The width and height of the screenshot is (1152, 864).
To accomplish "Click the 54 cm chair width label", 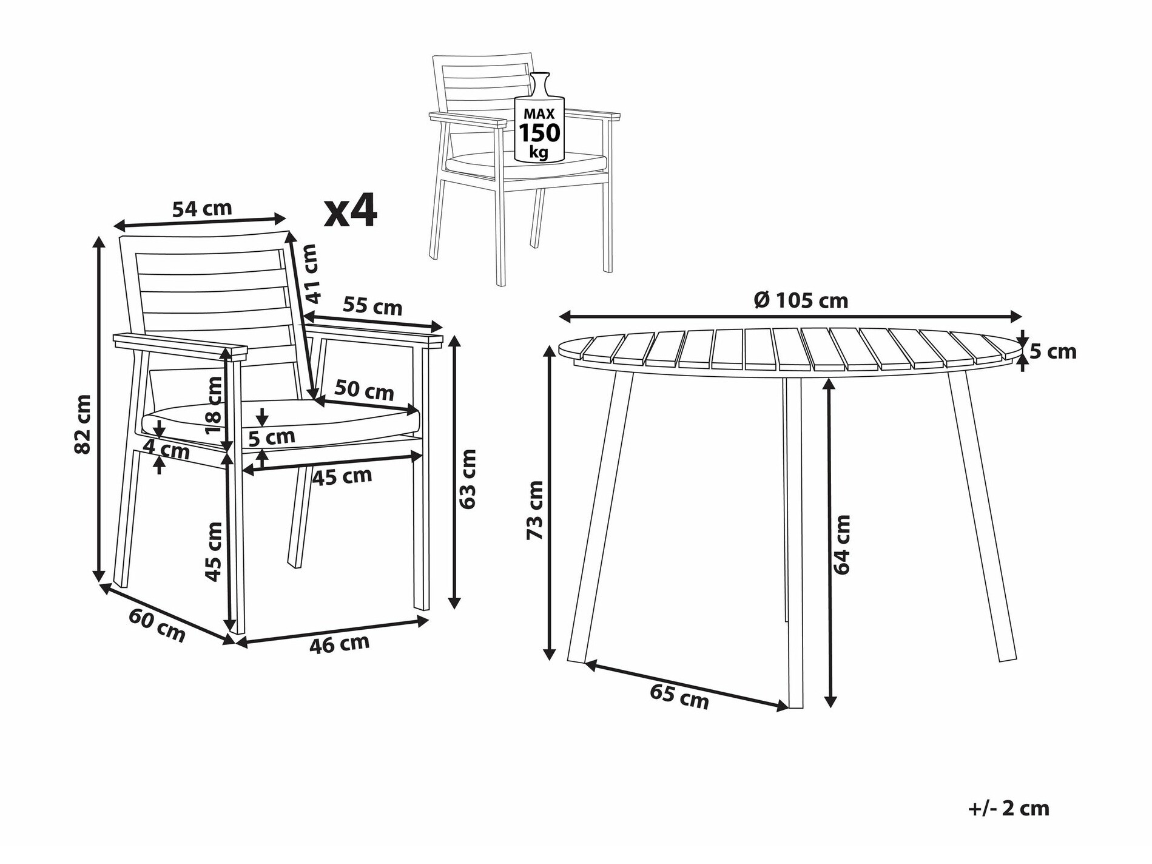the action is click(x=202, y=209).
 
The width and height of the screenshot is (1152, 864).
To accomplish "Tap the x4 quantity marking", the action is click(x=351, y=211).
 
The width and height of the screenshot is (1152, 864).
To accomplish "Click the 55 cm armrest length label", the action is click(x=372, y=306).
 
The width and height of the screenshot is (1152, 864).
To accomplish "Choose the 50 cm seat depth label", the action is click(x=364, y=390).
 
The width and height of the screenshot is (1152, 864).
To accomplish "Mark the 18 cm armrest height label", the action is click(x=214, y=405).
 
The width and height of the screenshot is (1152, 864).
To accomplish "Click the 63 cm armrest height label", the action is click(x=468, y=479).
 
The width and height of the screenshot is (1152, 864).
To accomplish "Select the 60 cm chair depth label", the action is click(x=157, y=625).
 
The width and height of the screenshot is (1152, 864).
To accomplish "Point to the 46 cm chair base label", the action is click(x=340, y=644).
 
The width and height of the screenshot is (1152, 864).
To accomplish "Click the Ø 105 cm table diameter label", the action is click(x=801, y=300).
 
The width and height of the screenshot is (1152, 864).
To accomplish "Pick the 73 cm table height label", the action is click(x=535, y=510).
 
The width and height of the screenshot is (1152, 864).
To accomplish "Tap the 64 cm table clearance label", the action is click(x=842, y=544).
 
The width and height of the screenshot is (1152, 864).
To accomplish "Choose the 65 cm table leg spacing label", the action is click(x=679, y=696).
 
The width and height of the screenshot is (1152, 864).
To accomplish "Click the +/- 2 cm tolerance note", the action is click(x=1009, y=808).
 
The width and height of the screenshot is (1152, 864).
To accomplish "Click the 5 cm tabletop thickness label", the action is click(x=1053, y=351).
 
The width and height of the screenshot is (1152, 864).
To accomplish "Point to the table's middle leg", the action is click(x=793, y=542).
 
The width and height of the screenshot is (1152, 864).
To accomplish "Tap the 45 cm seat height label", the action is click(x=214, y=552).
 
